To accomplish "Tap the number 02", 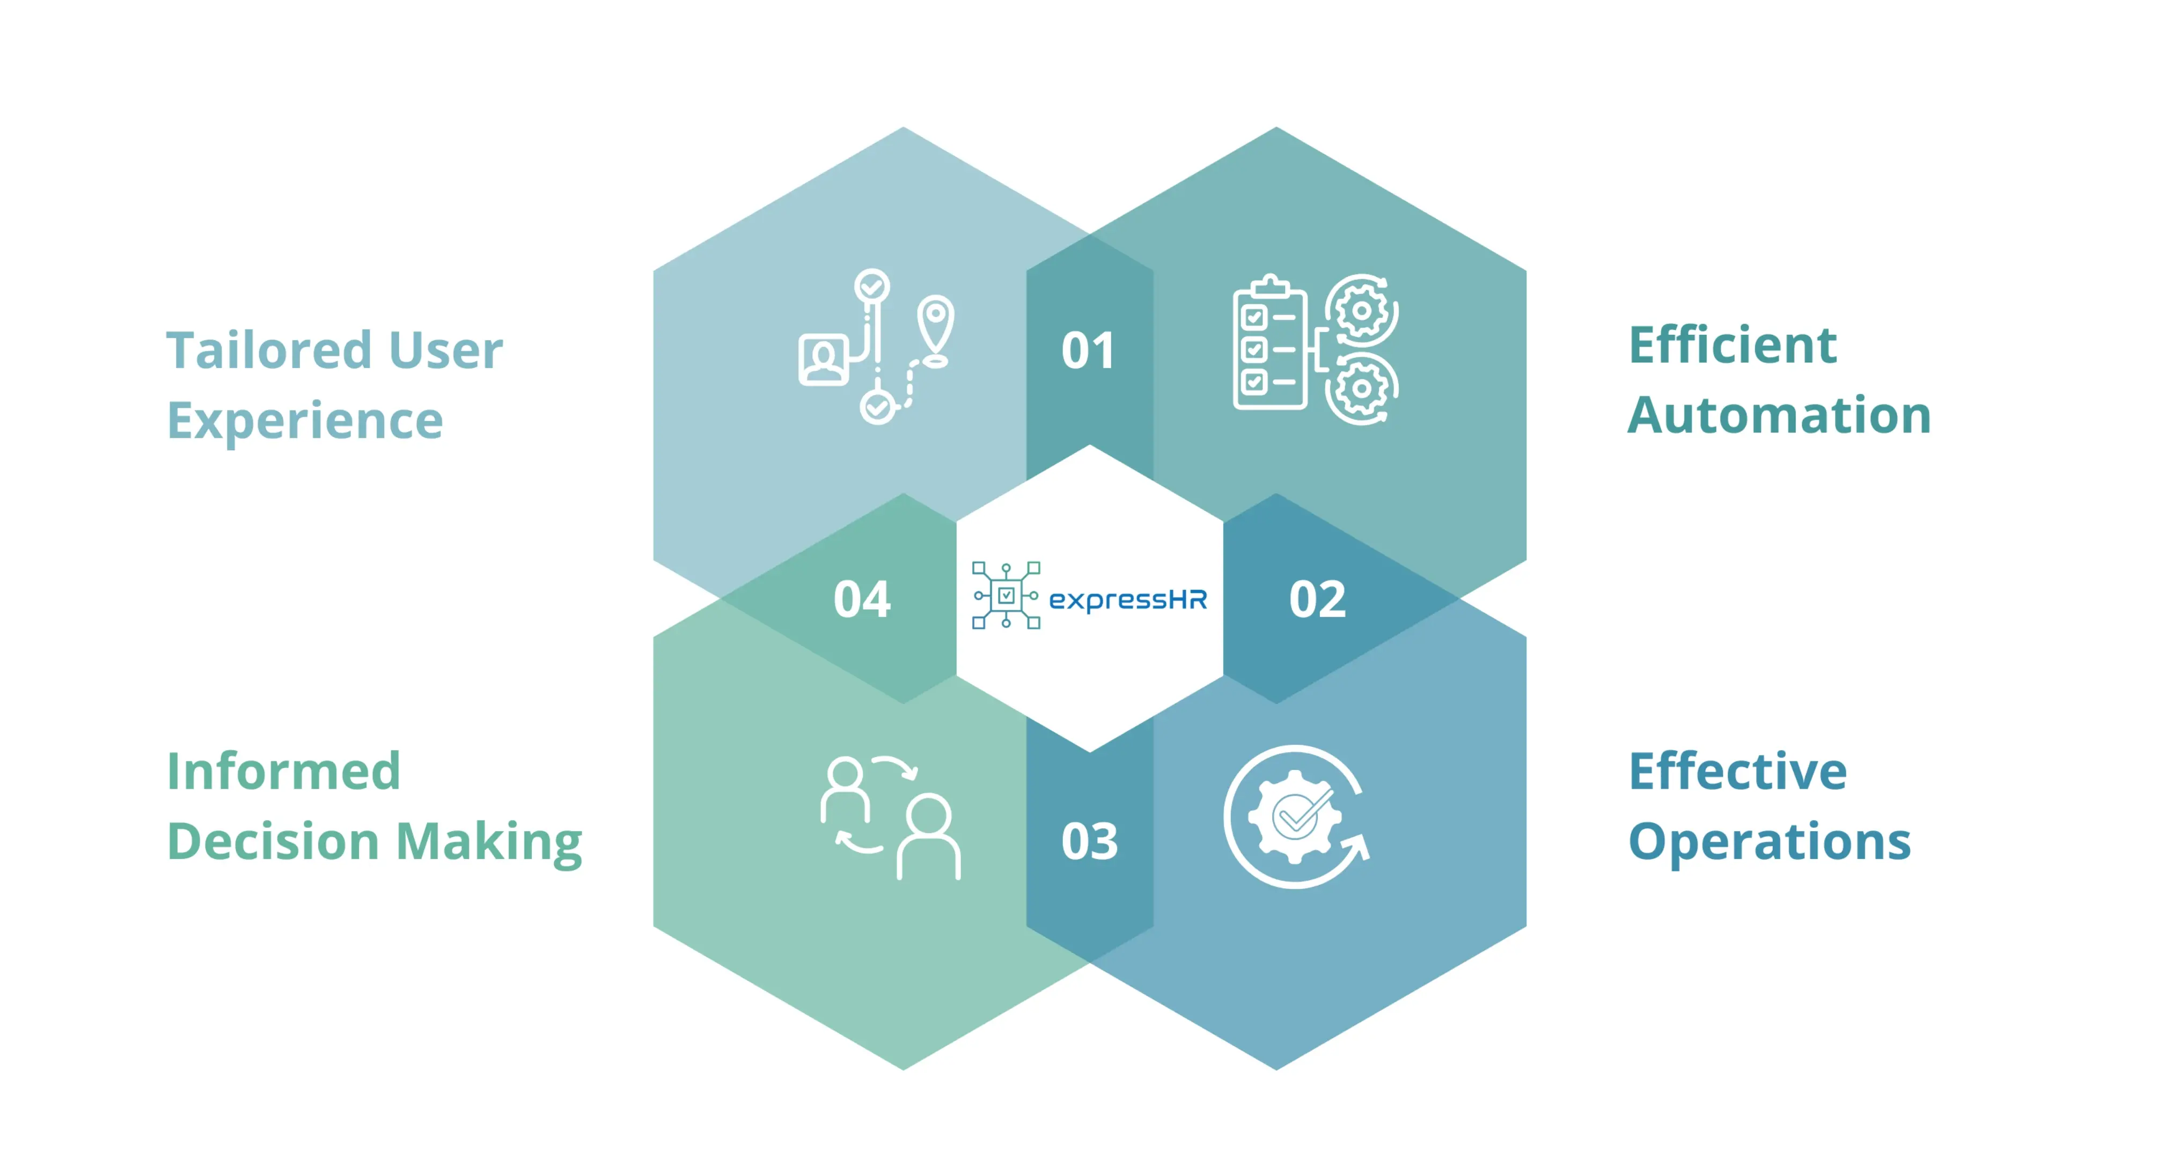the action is [1317, 599].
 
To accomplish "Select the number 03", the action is [1089, 841].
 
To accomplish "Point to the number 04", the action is [862, 599].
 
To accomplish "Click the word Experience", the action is [305, 421].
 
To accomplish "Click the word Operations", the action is [1770, 842].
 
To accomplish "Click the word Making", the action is [489, 843].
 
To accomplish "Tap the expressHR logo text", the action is [1128, 599].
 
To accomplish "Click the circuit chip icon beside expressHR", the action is [1005, 595].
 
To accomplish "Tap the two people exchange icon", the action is [890, 817].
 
